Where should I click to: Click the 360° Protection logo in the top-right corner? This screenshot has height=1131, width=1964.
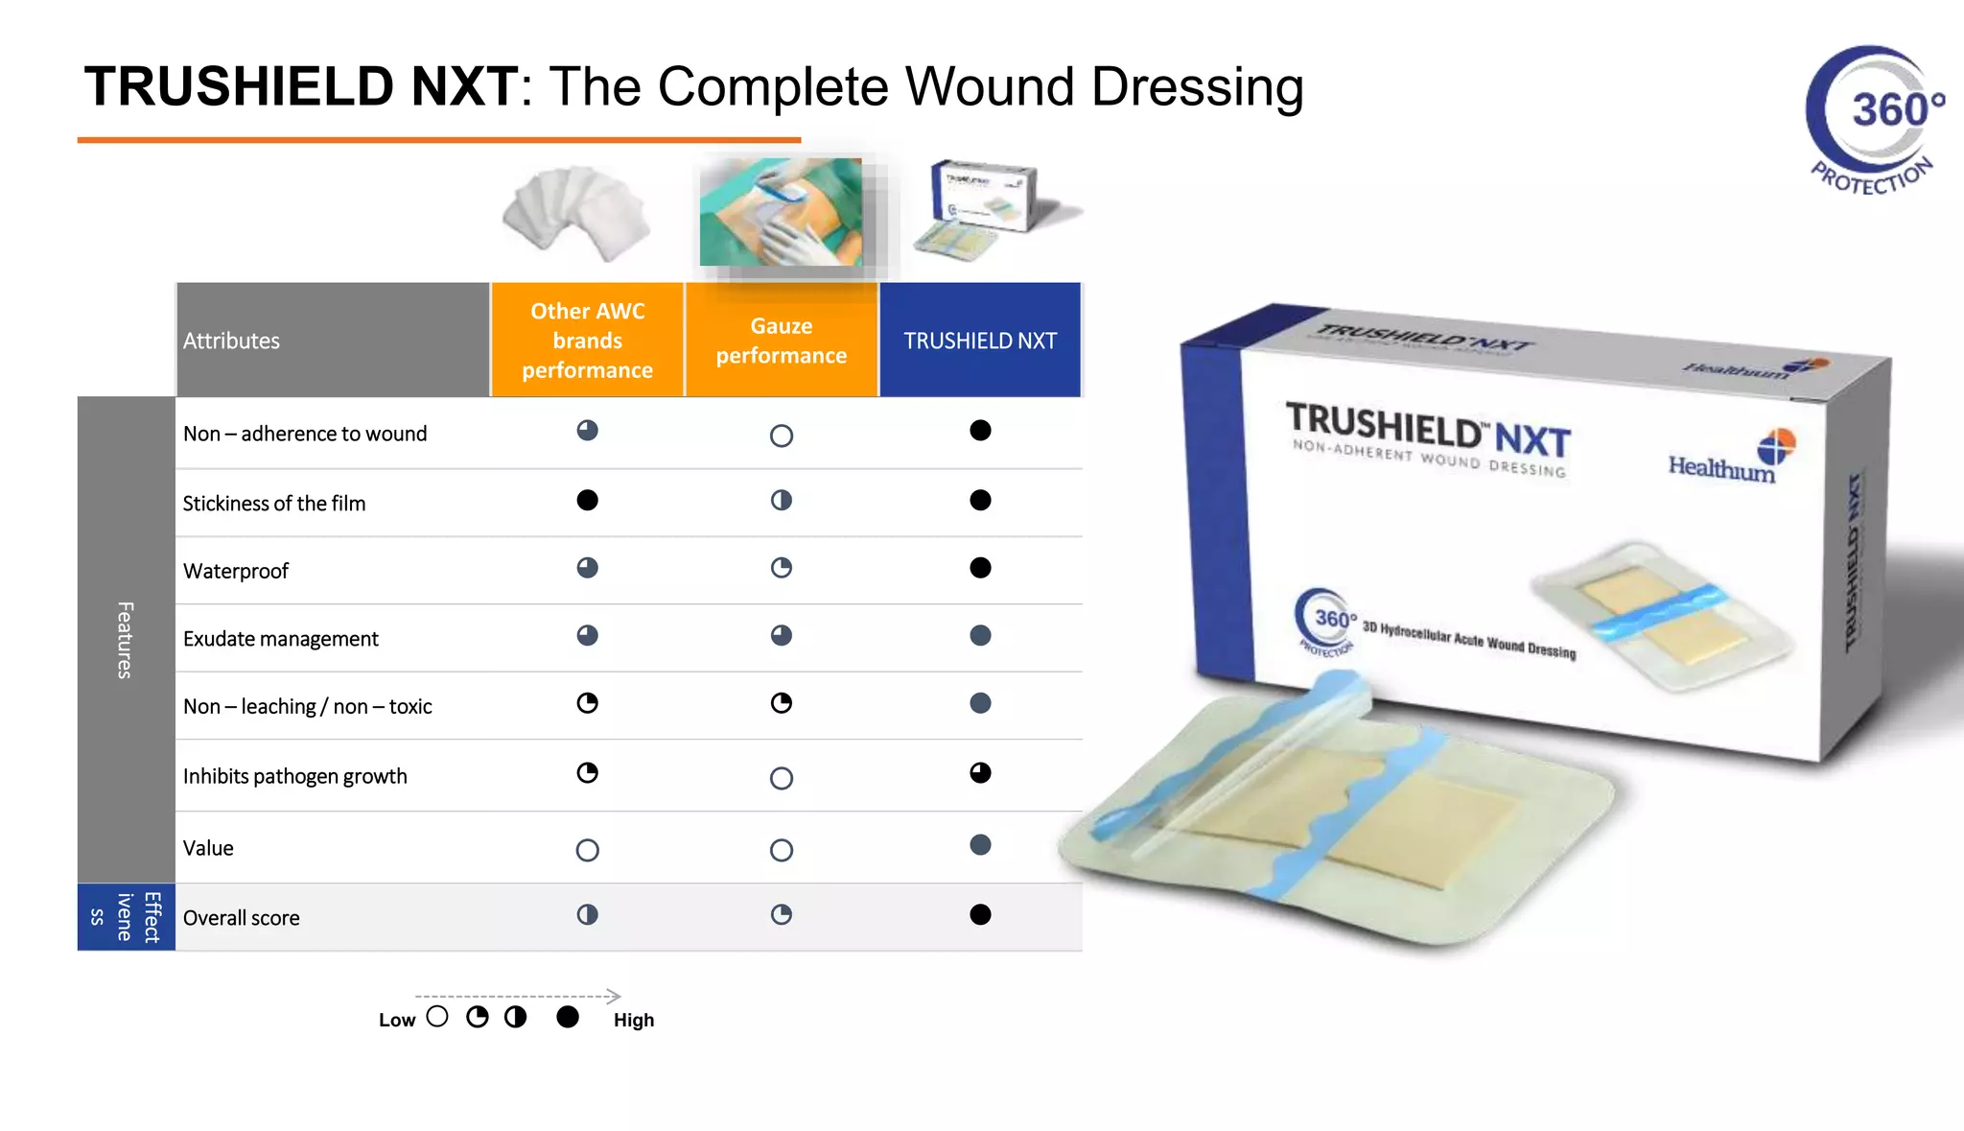click(1875, 120)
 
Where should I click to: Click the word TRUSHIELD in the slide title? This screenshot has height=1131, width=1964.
click(238, 87)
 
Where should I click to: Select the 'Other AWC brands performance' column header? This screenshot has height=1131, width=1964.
click(587, 341)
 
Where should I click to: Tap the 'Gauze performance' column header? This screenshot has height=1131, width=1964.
click(781, 341)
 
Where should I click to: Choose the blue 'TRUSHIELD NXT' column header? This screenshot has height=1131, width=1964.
click(979, 341)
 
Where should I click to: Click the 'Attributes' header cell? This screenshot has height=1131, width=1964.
click(231, 341)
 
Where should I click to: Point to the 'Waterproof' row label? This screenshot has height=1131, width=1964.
click(236, 571)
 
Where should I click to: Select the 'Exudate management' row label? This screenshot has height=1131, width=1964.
click(281, 639)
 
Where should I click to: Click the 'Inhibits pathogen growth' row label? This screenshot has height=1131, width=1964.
click(294, 776)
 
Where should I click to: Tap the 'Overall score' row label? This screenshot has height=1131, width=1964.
click(241, 918)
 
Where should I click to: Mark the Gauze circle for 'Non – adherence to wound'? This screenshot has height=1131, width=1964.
click(782, 436)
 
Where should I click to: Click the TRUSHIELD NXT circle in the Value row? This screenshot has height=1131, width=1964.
click(980, 845)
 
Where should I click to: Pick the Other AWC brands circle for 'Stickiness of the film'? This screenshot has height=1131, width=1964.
click(588, 500)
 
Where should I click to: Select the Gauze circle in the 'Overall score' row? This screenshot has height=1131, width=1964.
click(782, 914)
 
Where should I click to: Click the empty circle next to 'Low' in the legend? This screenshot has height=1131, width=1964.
click(437, 1017)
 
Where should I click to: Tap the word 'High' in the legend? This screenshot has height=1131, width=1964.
click(634, 1020)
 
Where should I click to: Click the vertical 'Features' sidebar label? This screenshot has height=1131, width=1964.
click(125, 640)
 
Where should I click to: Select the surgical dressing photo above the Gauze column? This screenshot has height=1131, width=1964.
click(781, 213)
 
